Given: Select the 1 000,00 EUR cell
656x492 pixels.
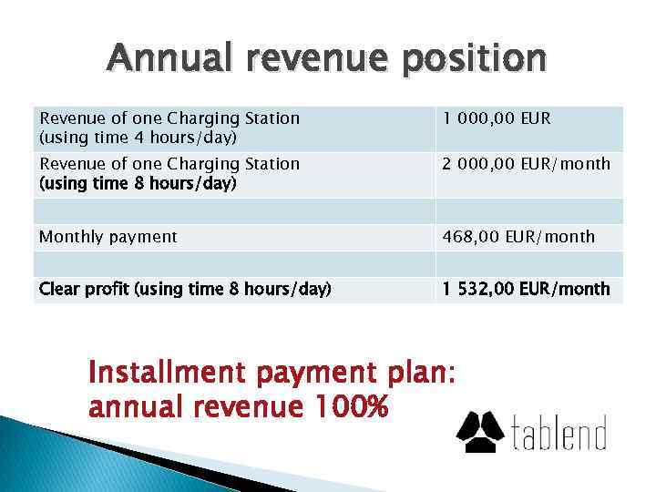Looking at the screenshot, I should (497, 118).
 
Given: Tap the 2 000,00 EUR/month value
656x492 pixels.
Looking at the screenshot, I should (526, 164).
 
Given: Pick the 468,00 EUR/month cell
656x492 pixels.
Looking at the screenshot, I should (518, 237).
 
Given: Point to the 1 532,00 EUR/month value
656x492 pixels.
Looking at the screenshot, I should (526, 290).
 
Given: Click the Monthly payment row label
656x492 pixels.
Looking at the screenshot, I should (108, 237).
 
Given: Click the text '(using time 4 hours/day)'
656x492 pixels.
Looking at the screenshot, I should (137, 138).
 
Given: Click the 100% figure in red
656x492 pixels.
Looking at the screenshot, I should (348, 406).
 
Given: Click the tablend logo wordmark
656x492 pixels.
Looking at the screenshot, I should (557, 433).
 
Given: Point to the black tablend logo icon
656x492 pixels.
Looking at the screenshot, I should (480, 431).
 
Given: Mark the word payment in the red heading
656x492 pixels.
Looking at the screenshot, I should (304, 374).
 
